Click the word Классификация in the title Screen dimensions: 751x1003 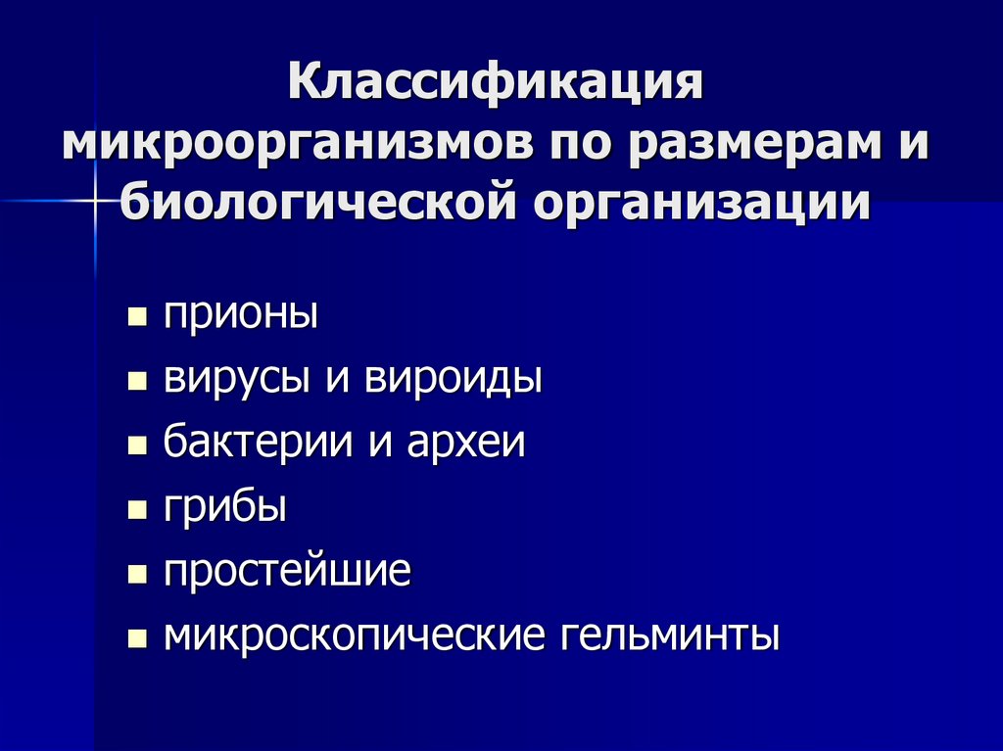point(496,82)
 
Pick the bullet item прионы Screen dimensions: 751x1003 point(240,316)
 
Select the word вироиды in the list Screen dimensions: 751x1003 point(454,378)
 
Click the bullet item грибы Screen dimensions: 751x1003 point(224,507)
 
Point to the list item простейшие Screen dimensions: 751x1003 point(286,571)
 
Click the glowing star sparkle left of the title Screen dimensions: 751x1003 point(96,200)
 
